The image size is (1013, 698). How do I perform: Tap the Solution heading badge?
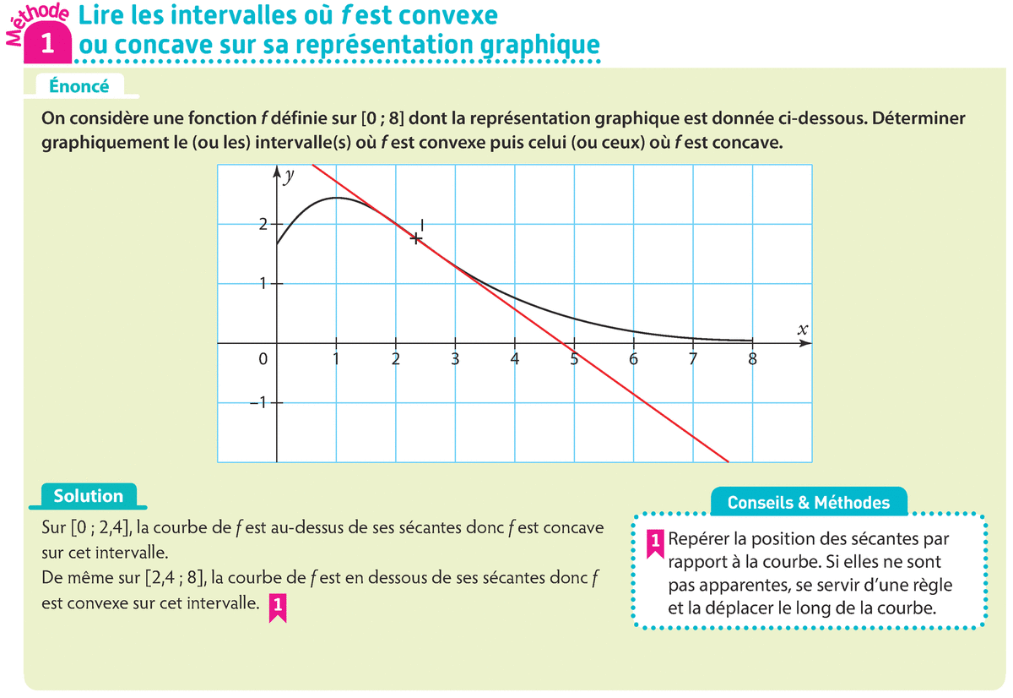(x=89, y=496)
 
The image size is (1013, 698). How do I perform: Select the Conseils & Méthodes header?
(x=809, y=503)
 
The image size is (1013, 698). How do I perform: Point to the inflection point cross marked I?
(x=416, y=238)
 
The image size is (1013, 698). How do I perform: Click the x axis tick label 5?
(x=574, y=359)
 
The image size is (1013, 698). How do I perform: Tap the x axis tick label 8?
(x=753, y=359)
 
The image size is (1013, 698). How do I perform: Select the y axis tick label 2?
(x=263, y=225)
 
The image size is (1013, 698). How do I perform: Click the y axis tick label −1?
(x=258, y=403)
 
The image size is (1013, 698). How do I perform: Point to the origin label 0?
(x=263, y=359)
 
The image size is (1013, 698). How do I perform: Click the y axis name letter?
(x=289, y=177)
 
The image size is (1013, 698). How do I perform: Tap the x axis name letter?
(x=802, y=330)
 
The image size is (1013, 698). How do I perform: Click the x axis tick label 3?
(x=455, y=359)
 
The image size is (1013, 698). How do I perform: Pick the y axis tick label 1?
(x=263, y=284)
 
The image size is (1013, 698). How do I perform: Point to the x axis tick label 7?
(x=693, y=359)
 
